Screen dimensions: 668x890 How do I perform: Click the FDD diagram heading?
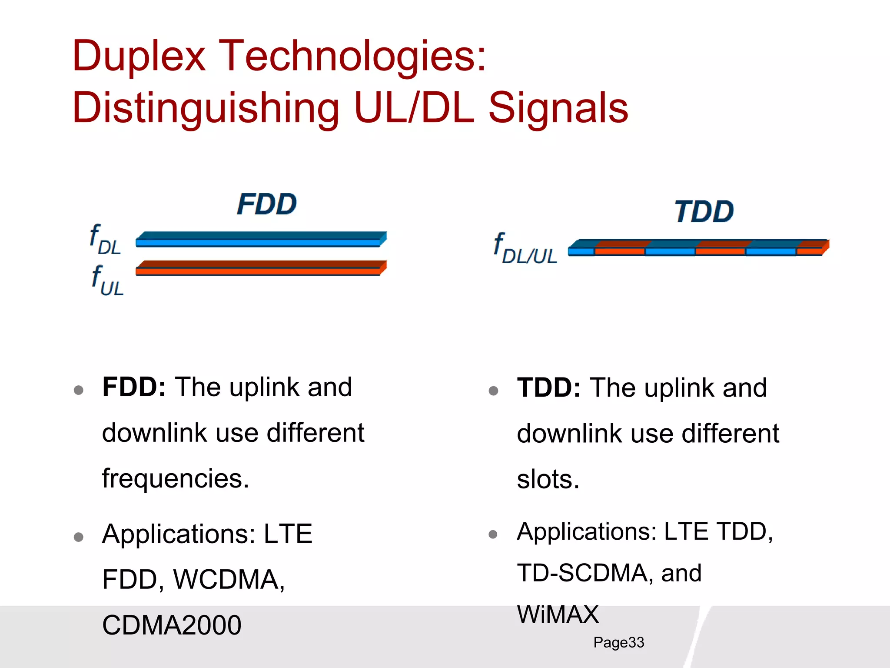tap(267, 204)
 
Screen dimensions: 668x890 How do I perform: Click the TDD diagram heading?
tap(704, 212)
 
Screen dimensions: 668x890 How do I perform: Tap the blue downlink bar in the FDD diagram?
tap(261, 240)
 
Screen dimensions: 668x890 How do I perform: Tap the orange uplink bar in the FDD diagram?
tap(261, 269)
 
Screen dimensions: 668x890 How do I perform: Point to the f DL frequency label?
tap(105, 240)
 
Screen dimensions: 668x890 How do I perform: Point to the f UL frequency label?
tap(107, 281)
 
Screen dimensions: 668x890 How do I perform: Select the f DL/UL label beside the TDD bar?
tap(525, 249)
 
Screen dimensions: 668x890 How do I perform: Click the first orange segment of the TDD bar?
tap(620, 249)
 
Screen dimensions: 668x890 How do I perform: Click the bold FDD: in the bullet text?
tap(134, 387)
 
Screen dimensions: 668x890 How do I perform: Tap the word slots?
tap(548, 480)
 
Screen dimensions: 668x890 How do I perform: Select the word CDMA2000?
tap(172, 625)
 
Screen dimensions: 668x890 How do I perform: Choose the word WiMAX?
tap(558, 614)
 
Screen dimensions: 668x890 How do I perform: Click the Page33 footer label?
tap(618, 642)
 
